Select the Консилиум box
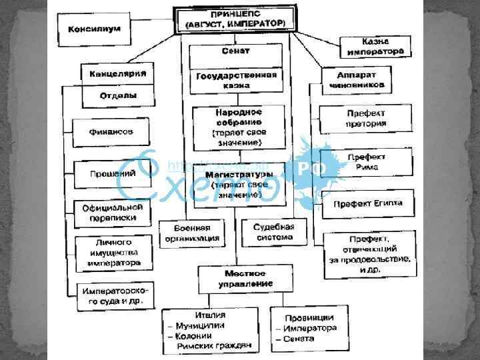[x=93, y=29]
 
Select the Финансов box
[x=111, y=132]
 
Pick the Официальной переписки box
[x=111, y=213]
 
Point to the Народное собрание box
[x=238, y=128]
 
